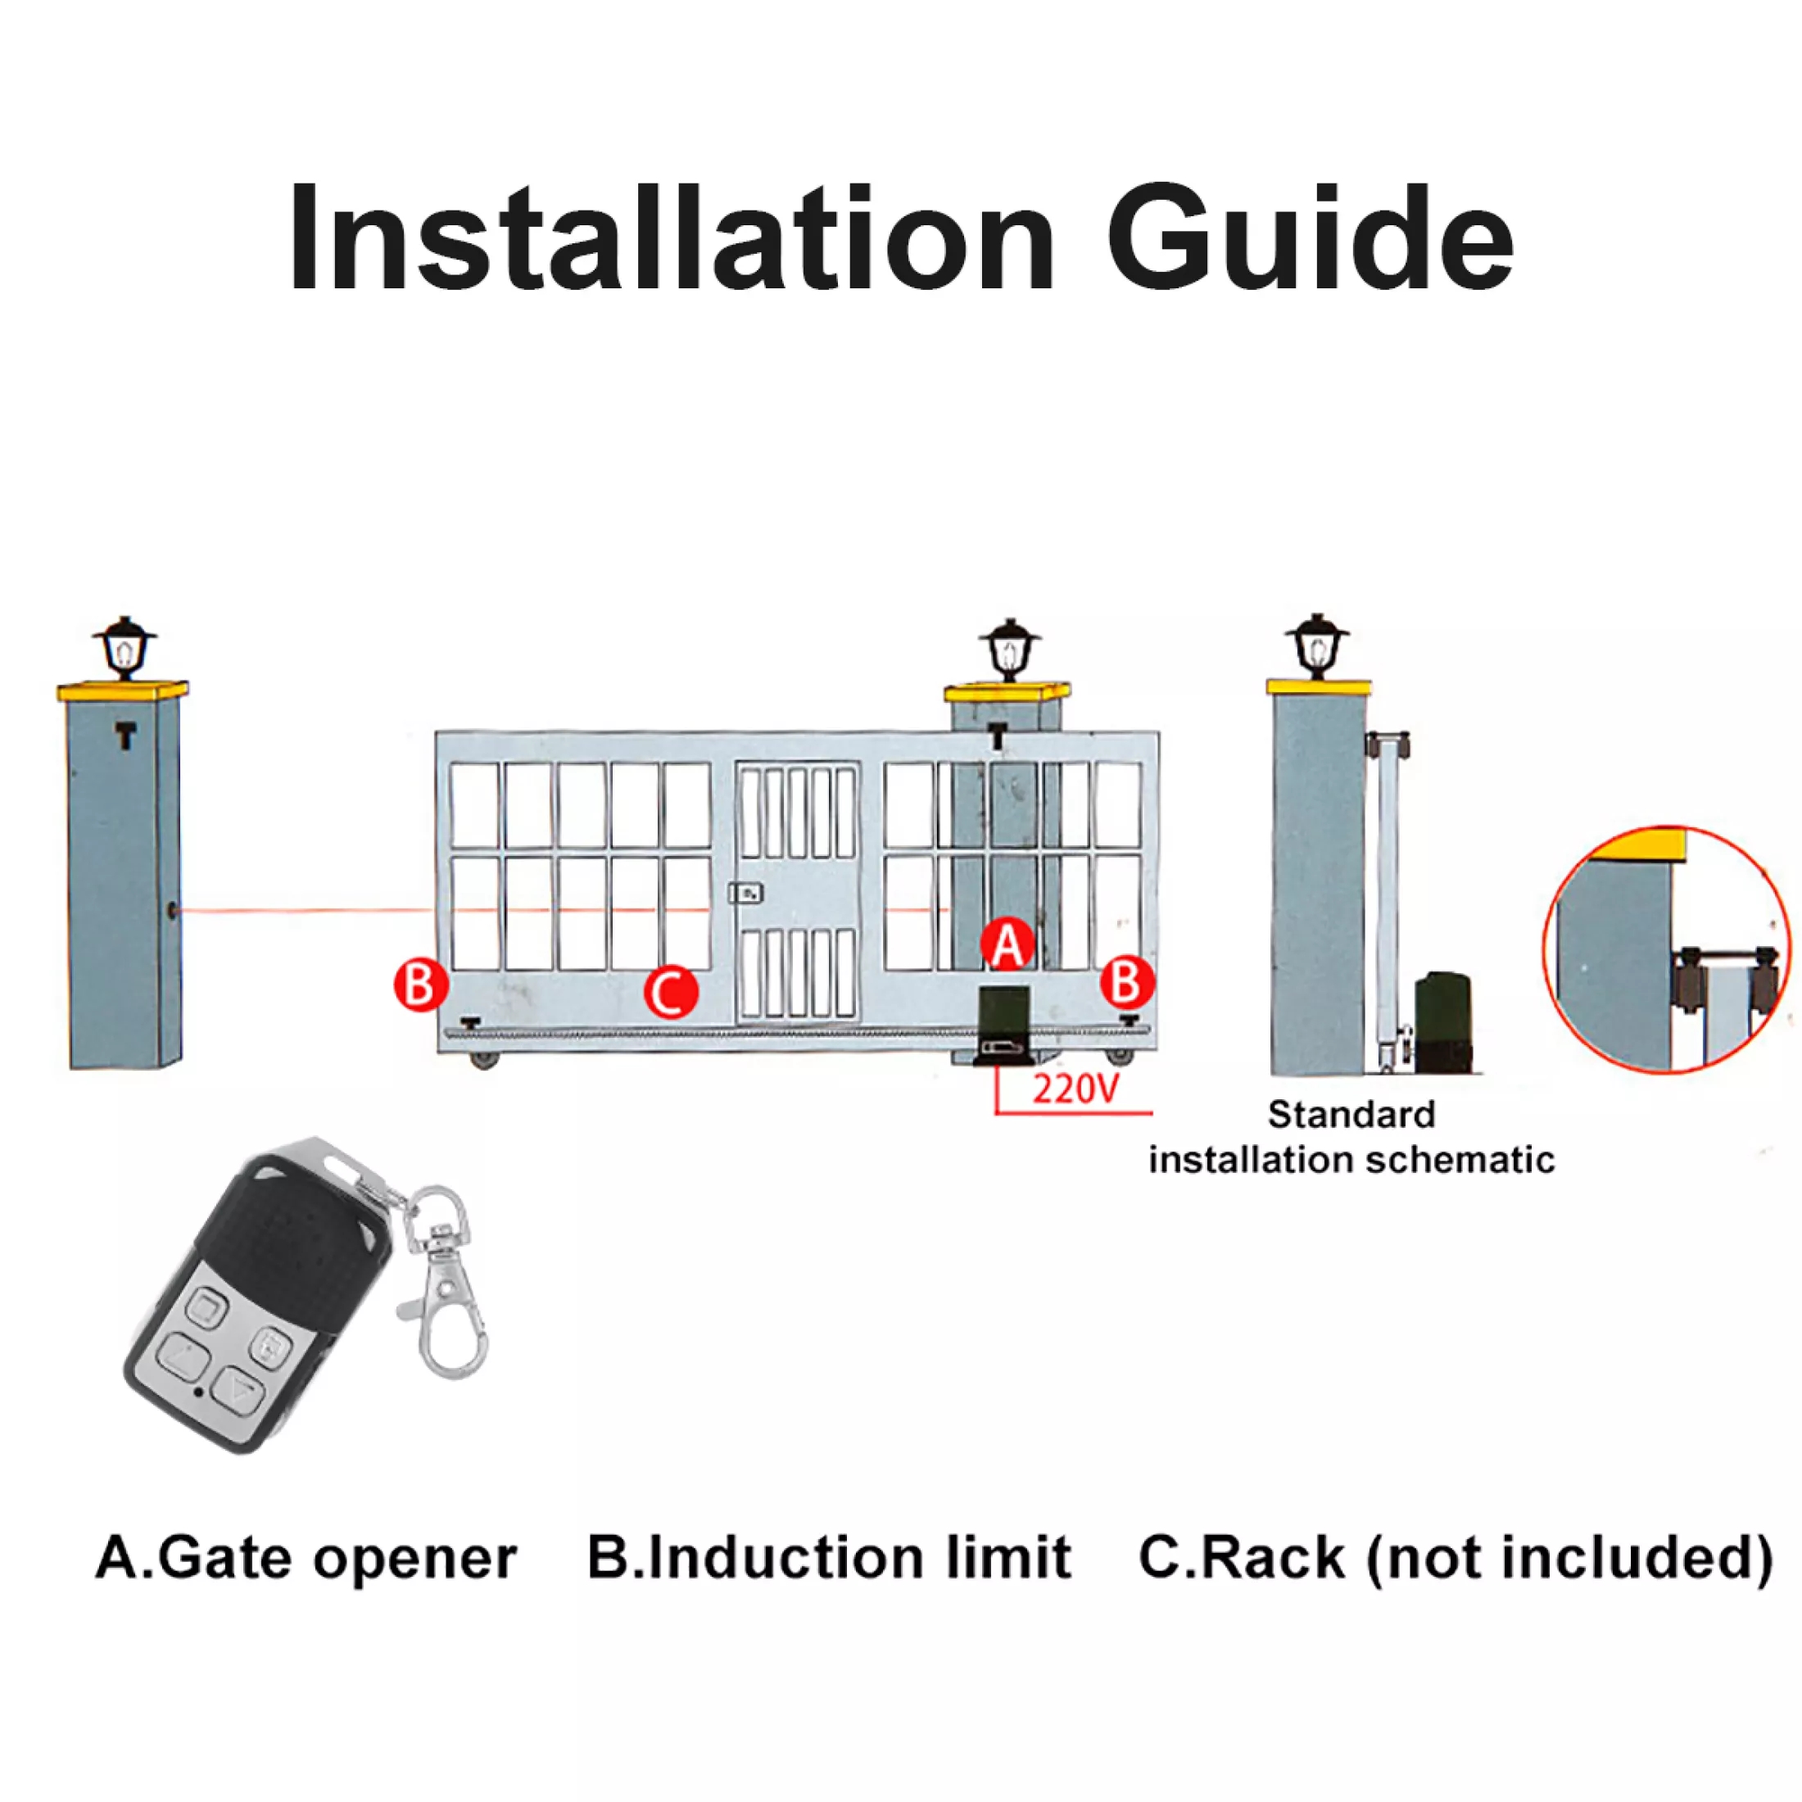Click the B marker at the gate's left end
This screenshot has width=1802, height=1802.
pos(421,984)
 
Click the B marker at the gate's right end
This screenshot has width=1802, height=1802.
pos(1127,982)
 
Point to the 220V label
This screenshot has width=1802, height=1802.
pos(1074,1089)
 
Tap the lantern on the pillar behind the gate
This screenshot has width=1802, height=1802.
pos(1009,650)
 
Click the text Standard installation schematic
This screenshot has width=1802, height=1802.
pos(1351,1137)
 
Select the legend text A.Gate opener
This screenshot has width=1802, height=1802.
pos(306,1558)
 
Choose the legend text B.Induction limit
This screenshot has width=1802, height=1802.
pos(828,1558)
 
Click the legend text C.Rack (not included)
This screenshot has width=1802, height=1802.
pos(1455,1558)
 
